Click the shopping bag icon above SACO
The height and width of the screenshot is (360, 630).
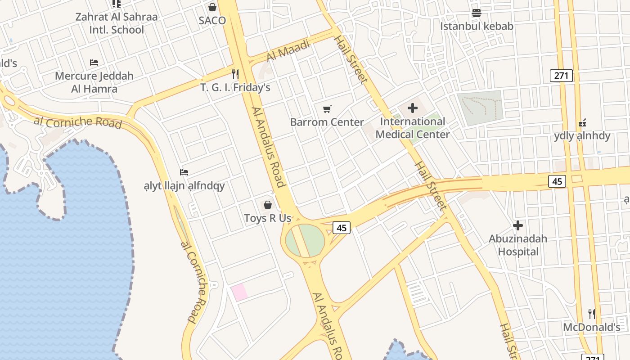(x=212, y=7)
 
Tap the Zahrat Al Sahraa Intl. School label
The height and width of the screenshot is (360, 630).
(x=117, y=23)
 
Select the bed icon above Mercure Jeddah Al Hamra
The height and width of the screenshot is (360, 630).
(x=94, y=62)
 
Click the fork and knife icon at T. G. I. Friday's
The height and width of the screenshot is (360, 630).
(x=235, y=74)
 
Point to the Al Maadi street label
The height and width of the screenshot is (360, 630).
(x=288, y=51)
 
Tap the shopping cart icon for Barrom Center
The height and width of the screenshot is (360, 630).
(x=327, y=109)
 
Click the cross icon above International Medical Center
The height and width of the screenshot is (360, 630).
(x=413, y=108)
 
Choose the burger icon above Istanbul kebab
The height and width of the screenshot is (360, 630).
(x=477, y=13)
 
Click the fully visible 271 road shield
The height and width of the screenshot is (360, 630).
(x=561, y=76)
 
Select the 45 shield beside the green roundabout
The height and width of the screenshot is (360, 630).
(x=342, y=228)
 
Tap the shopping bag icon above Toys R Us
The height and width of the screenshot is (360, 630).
(x=268, y=205)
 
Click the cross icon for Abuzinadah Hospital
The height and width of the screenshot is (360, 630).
(x=518, y=225)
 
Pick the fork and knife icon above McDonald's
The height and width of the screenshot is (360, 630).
(x=592, y=314)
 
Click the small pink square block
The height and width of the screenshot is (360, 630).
(x=239, y=292)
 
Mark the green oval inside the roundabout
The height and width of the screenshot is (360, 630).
(x=305, y=241)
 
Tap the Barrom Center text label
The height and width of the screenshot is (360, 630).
(x=327, y=122)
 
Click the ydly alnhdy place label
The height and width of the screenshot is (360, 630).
(x=582, y=136)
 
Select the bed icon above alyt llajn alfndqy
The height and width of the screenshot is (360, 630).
(x=184, y=172)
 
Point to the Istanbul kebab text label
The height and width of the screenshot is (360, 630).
(x=477, y=26)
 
